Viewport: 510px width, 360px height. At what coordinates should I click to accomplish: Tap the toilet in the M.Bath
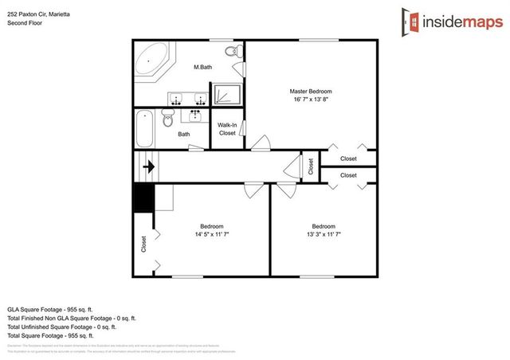(232, 53)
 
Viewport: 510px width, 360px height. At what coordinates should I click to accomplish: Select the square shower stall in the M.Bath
(226, 94)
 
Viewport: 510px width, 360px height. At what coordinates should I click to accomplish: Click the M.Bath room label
(202, 68)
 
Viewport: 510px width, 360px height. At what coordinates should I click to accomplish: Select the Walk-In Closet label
(227, 129)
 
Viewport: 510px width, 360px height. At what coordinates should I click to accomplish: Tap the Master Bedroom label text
(310, 92)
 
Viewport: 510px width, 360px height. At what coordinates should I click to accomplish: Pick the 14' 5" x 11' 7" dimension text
(212, 235)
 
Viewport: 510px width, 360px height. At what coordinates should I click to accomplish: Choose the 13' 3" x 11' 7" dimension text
(323, 235)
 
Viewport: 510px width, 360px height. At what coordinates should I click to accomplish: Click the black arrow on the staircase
(148, 167)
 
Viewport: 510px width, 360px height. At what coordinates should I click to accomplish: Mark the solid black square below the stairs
(143, 198)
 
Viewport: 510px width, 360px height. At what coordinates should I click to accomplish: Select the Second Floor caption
(24, 23)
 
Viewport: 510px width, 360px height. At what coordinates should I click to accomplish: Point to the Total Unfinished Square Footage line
(61, 327)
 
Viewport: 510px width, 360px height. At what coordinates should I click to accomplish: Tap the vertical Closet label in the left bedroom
(143, 242)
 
